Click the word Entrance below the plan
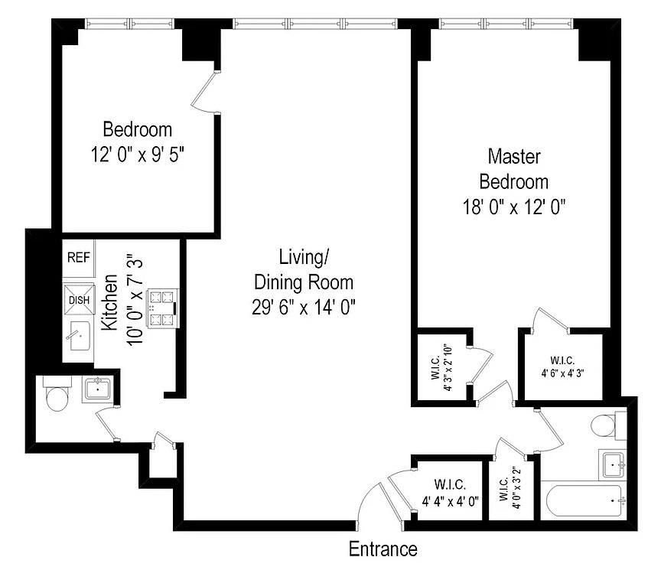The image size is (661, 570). click(x=383, y=549)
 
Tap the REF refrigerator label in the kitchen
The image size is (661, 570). click(x=79, y=257)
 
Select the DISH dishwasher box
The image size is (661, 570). click(x=79, y=299)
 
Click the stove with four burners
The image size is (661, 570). click(x=161, y=308)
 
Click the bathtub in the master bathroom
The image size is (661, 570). click(x=586, y=501)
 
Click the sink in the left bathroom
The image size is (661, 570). click(x=99, y=389)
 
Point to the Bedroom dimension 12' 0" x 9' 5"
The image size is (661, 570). click(x=138, y=154)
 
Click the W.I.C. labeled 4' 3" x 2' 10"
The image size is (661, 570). click(x=441, y=367)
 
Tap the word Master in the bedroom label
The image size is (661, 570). click(x=514, y=157)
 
